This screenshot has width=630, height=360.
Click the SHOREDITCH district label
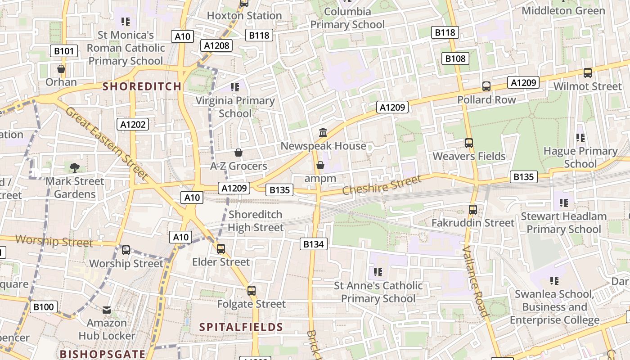[142, 86]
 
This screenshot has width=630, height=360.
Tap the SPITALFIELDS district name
[241, 327]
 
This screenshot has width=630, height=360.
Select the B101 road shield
[63, 51]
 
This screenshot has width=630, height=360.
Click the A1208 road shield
[216, 45]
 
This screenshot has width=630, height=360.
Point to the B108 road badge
[455, 58]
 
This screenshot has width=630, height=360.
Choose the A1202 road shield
[133, 125]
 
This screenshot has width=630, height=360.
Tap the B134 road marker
[314, 244]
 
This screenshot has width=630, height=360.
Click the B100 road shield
[44, 307]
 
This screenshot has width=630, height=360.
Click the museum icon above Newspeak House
[323, 133]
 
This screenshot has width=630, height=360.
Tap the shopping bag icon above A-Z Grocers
[238, 153]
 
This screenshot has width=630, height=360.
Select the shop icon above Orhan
[61, 69]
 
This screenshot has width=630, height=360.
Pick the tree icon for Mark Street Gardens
[75, 168]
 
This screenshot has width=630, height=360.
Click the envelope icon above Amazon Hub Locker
[107, 310]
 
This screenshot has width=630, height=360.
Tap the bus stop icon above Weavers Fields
[469, 143]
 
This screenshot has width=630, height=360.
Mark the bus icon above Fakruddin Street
[472, 210]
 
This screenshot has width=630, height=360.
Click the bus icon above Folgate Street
[251, 291]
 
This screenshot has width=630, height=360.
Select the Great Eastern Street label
[107, 143]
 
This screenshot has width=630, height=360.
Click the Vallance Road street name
[475, 281]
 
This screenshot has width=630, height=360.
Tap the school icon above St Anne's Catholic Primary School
[378, 272]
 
